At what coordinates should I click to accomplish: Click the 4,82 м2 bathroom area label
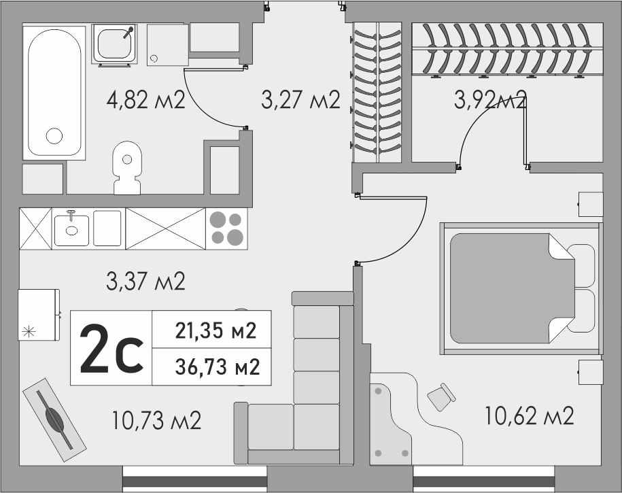[x=145, y=100]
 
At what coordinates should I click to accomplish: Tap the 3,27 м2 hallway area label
[x=300, y=100]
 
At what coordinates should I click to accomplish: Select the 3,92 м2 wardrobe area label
[x=490, y=99]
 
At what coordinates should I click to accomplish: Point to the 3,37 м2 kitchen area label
[x=145, y=281]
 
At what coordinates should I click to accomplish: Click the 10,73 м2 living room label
[x=157, y=420]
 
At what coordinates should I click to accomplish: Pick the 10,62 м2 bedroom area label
[x=529, y=416]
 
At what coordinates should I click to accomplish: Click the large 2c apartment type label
[x=111, y=349]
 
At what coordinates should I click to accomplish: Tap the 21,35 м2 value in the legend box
[x=215, y=330]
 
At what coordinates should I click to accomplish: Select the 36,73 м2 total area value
[x=218, y=367]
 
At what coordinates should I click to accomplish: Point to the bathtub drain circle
[x=54, y=136]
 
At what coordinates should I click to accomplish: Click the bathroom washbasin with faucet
[x=115, y=44]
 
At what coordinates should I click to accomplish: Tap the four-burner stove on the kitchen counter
[x=226, y=228]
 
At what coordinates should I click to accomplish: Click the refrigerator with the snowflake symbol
[x=39, y=314]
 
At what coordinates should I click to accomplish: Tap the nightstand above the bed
[x=591, y=204]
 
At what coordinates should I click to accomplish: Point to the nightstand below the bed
[x=591, y=372]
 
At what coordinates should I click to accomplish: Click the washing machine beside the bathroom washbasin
[x=167, y=45]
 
